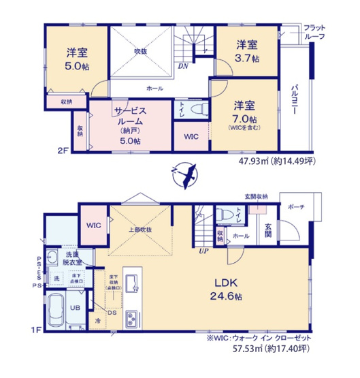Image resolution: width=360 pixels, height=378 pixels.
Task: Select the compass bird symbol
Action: tap(184, 174)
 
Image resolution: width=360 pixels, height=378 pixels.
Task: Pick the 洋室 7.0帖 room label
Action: tap(245, 113)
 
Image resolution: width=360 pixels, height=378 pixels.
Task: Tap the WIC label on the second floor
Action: tap(191, 136)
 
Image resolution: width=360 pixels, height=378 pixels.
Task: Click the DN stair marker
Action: tap(184, 66)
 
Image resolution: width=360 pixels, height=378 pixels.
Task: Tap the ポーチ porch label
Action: tap(296, 207)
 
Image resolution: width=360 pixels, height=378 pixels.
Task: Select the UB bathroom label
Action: tap(76, 307)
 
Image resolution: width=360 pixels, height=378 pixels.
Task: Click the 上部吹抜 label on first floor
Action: tap(140, 229)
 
